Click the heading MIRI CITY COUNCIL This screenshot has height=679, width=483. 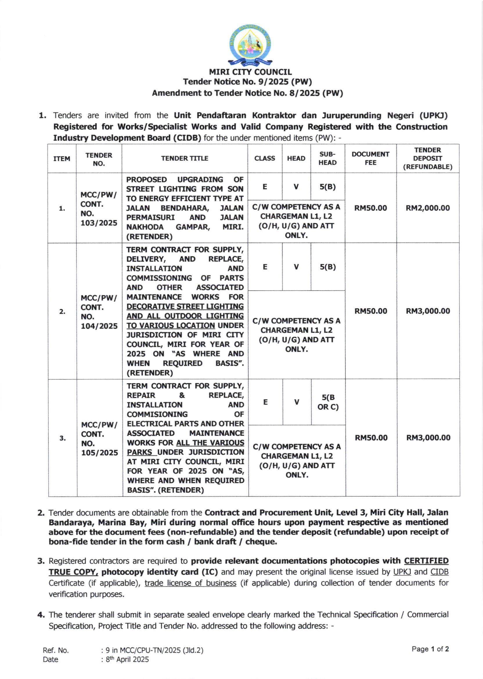(250, 72)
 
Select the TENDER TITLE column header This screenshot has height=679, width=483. (185, 158)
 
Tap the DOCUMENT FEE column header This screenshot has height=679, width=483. (370, 158)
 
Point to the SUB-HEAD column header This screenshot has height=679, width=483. (327, 158)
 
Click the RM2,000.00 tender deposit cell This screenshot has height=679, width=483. (428, 208)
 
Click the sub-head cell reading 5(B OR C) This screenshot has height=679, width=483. (328, 402)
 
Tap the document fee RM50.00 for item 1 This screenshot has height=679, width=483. (371, 208)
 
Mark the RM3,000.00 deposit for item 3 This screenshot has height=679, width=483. (428, 438)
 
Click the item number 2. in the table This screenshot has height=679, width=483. (62, 312)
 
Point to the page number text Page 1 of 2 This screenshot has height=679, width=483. (430, 649)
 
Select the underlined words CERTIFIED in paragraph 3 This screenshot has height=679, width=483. (426, 561)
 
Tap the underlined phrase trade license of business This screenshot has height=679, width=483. (190, 583)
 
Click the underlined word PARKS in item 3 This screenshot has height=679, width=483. (140, 452)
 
